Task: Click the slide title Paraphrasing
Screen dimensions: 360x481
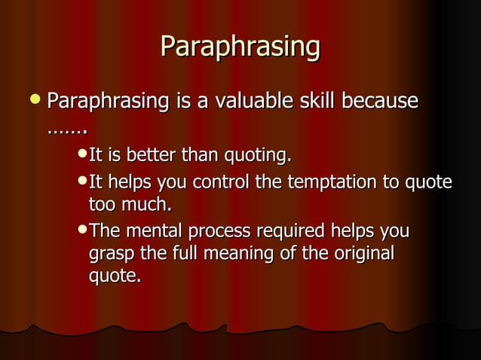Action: coord(240,47)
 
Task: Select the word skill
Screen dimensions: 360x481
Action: coord(320,101)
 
